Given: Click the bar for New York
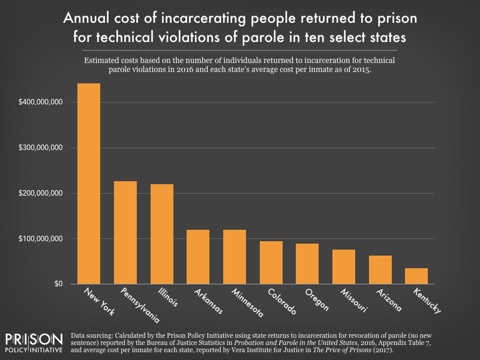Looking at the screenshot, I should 89,184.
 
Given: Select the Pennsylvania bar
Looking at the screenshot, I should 125,232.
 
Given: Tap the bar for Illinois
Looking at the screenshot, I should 161,234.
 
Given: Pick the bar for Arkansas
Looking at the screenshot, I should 198,257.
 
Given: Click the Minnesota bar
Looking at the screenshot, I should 234,257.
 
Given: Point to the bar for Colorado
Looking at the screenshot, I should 271,262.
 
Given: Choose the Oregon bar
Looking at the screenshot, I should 307,263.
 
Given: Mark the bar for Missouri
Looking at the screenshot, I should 343,266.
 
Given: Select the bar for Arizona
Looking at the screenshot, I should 380,269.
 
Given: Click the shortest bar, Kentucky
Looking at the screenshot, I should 416,275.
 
